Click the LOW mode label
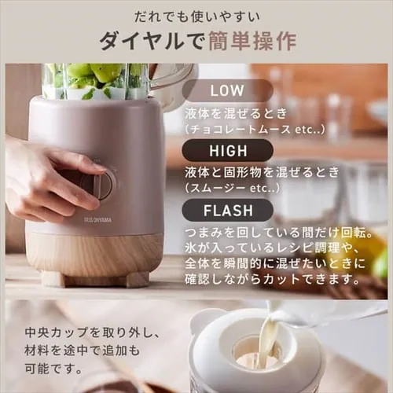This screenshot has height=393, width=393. (227, 90)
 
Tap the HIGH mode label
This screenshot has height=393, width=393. (227, 149)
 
